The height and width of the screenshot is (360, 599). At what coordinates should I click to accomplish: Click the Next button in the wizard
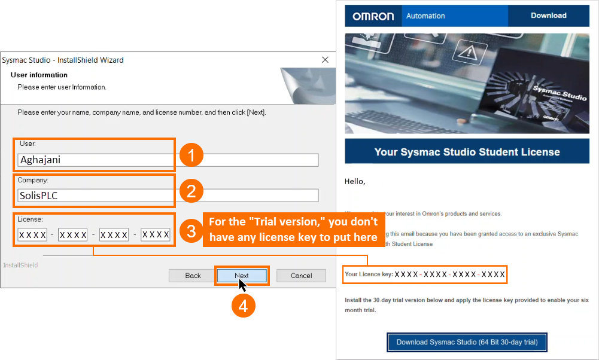pyautogui.click(x=242, y=276)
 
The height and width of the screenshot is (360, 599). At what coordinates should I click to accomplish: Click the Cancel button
pyautogui.click(x=301, y=276)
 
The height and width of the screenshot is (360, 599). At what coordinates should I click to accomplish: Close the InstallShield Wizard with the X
pyautogui.click(x=325, y=60)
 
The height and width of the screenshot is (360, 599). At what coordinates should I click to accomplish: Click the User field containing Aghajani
pyautogui.click(x=168, y=160)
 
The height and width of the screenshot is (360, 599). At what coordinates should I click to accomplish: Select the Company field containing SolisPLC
pyautogui.click(x=168, y=196)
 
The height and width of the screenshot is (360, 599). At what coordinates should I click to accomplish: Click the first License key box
pyautogui.click(x=32, y=235)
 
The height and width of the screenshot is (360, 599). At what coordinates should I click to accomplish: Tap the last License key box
pyautogui.click(x=156, y=235)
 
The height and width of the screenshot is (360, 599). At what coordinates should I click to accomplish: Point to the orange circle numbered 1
pyautogui.click(x=191, y=156)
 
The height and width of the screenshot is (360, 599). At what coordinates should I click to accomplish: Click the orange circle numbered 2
pyautogui.click(x=191, y=191)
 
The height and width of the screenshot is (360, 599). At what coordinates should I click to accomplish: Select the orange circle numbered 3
pyautogui.click(x=191, y=231)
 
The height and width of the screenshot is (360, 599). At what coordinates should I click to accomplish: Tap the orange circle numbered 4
pyautogui.click(x=243, y=306)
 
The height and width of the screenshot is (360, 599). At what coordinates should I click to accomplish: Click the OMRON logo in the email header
pyautogui.click(x=373, y=16)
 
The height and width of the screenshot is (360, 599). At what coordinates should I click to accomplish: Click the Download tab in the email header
pyautogui.click(x=548, y=16)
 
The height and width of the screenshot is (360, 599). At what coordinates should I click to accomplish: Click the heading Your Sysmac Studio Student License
pyautogui.click(x=467, y=152)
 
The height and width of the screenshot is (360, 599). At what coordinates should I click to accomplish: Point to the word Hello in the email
pyautogui.click(x=355, y=181)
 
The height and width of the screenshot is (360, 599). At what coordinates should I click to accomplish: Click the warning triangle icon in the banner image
pyautogui.click(x=470, y=54)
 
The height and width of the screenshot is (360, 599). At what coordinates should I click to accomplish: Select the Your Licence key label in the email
pyautogui.click(x=369, y=274)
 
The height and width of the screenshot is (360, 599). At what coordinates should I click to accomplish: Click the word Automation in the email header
pyautogui.click(x=425, y=16)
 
